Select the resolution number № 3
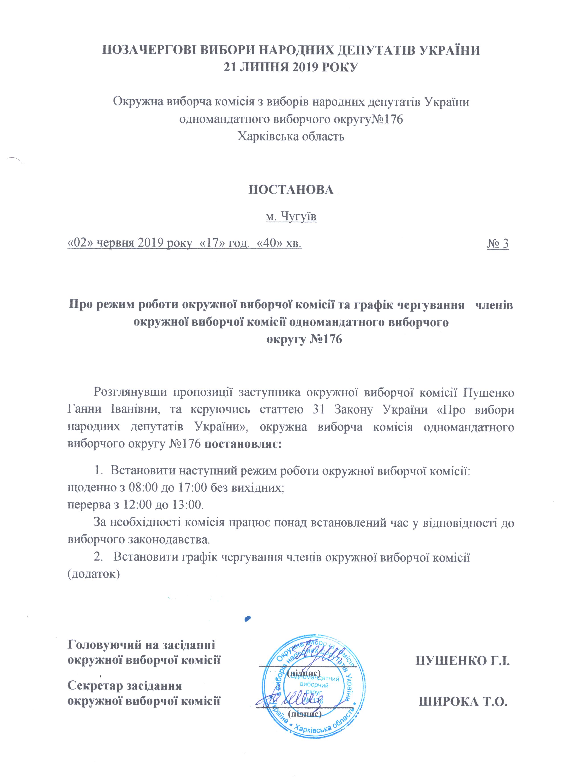tap(498, 244)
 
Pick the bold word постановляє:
tap(243, 443)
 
